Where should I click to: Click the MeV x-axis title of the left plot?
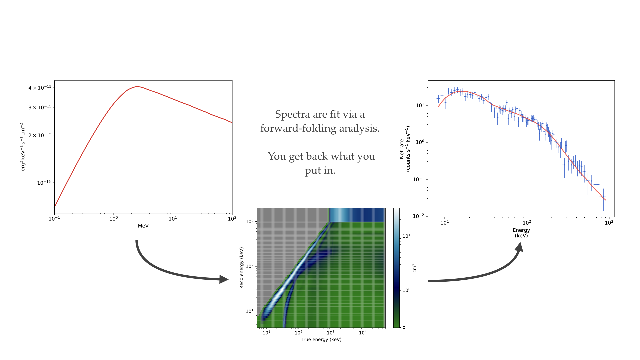tap(143, 226)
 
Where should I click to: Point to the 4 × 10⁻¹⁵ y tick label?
tap(40, 88)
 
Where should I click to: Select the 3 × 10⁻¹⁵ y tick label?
tap(40, 107)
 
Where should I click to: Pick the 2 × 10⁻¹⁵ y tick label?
tap(40, 135)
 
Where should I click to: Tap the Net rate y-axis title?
tap(404, 149)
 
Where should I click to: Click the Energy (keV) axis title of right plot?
tap(521, 233)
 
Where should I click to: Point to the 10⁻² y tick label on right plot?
tap(418, 216)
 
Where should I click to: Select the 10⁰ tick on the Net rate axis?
tap(420, 142)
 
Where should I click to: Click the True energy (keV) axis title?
tap(321, 340)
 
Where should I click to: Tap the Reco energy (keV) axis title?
tap(241, 268)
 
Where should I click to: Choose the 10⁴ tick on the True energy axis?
tap(363, 332)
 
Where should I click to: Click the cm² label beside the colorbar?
tap(414, 268)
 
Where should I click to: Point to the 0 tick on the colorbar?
tap(404, 328)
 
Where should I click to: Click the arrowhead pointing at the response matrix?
tap(224, 279)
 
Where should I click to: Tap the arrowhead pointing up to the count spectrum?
tap(519, 247)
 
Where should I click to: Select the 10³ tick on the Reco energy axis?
tap(250, 221)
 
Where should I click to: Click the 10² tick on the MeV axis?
tap(232, 219)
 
